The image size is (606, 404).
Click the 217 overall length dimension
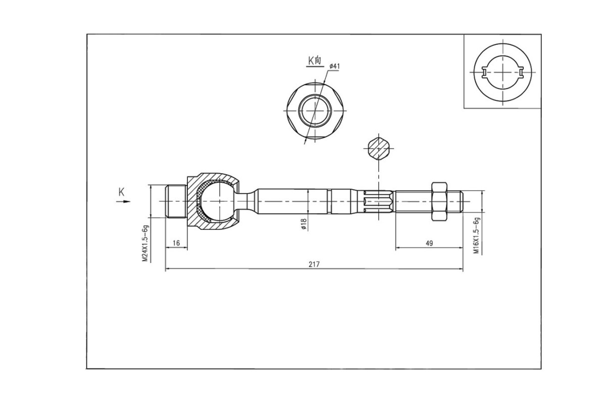pos(314,265)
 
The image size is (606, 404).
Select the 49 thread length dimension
pos(429,243)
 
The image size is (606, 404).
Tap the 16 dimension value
pos(176,243)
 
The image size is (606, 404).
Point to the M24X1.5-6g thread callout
pos(145,243)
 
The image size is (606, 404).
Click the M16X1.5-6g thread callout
pos(476,235)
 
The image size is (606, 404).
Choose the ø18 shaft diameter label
pos(304,224)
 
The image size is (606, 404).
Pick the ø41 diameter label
pos(334,66)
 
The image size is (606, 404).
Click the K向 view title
pos(315,60)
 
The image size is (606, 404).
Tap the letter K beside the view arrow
pos(122,192)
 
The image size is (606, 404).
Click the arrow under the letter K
pos(123,201)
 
